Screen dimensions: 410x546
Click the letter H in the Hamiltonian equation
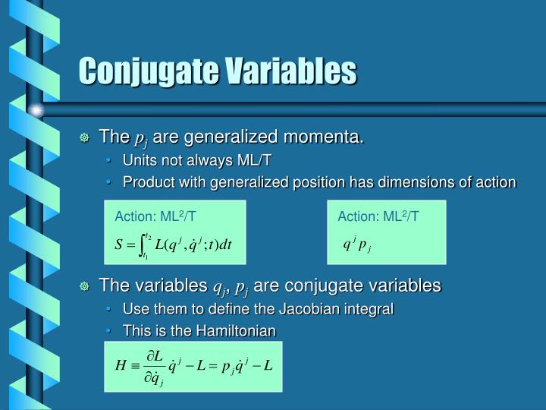coord(120,365)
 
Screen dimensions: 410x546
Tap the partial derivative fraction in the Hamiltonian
coord(155,366)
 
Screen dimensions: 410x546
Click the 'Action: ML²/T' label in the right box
coord(378,217)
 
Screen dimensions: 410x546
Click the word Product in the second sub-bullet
coord(144,182)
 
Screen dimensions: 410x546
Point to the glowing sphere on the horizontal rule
coord(36,110)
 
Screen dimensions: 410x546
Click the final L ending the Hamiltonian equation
coord(268,364)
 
